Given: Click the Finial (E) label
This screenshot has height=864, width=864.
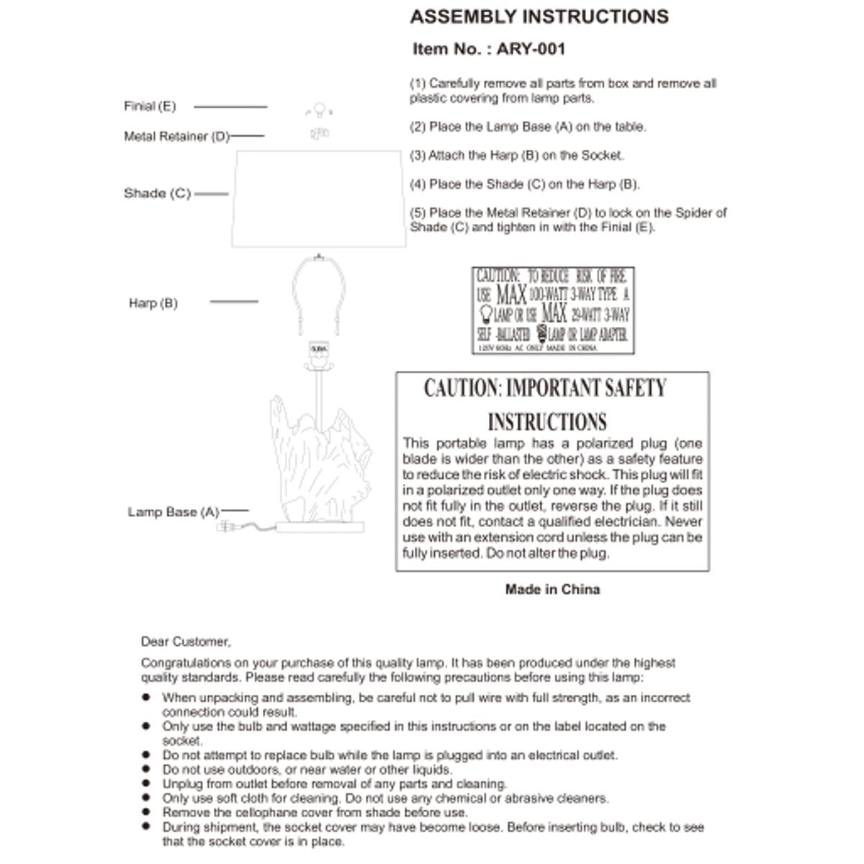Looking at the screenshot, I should [x=150, y=107].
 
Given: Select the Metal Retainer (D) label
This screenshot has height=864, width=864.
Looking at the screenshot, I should [x=176, y=137].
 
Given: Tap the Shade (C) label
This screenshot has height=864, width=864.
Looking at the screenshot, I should [x=157, y=194].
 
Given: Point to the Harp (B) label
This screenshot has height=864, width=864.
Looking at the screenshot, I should [x=153, y=303].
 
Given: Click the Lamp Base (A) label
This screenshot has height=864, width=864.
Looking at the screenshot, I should [x=173, y=513].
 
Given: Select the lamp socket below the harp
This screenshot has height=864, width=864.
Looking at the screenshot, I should [x=318, y=350].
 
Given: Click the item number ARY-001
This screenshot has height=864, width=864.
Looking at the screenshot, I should [x=531, y=50].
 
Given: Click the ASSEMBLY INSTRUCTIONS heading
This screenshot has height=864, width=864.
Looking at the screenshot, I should [x=539, y=17].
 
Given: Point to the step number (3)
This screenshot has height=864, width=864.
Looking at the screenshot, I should [x=418, y=156].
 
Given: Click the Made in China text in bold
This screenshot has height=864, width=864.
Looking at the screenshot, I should [x=552, y=590].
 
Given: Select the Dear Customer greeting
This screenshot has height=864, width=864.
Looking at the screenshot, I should [x=186, y=642].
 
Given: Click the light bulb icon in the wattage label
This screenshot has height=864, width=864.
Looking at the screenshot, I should [x=486, y=313].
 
